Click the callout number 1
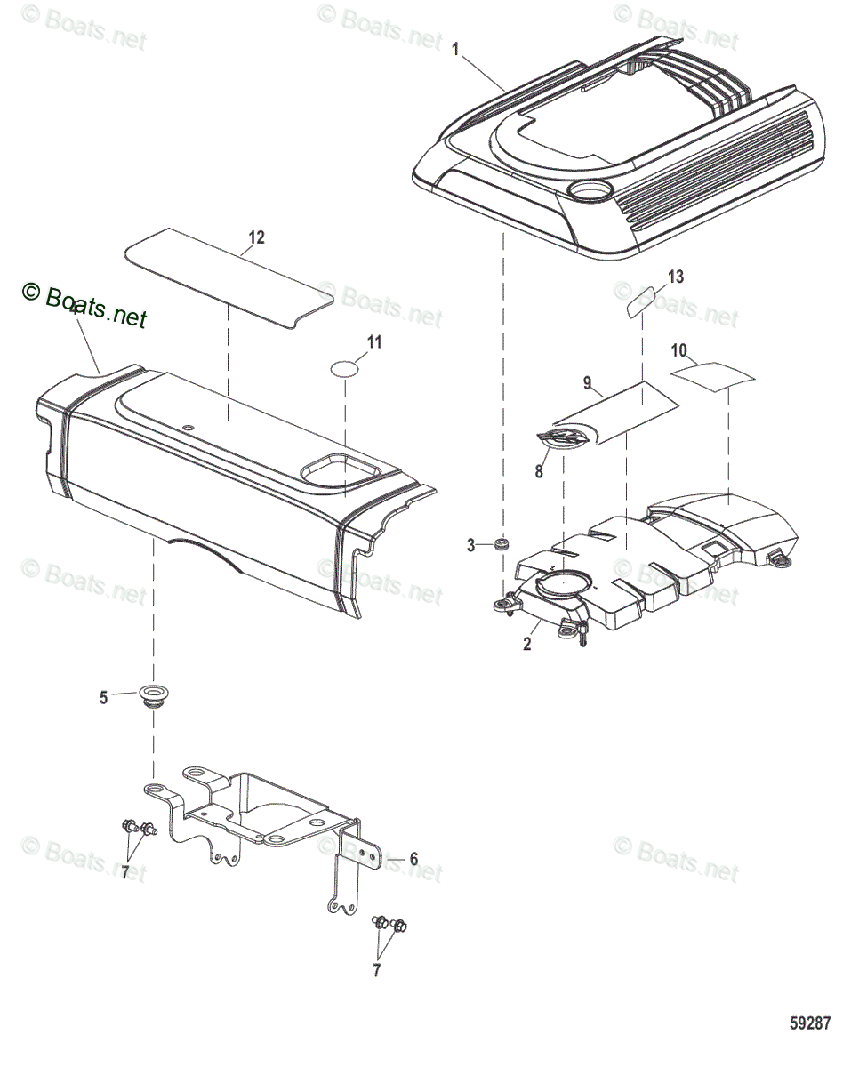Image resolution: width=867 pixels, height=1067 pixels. tap(457, 51)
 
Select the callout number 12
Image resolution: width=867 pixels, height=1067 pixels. tap(256, 237)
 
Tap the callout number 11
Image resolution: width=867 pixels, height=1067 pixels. tap(374, 342)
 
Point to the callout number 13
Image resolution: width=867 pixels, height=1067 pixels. tap(676, 277)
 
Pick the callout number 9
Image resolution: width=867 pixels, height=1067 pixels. tap(587, 383)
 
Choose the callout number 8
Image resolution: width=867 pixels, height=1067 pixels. tap(539, 472)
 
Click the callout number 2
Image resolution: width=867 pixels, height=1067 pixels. tap(527, 645)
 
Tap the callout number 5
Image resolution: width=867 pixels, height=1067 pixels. tap(104, 698)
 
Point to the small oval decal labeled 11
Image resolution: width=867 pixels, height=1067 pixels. tap(345, 368)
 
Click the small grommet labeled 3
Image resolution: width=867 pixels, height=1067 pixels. tap(502, 542)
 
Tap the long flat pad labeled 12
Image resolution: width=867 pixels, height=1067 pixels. tap(229, 277)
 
